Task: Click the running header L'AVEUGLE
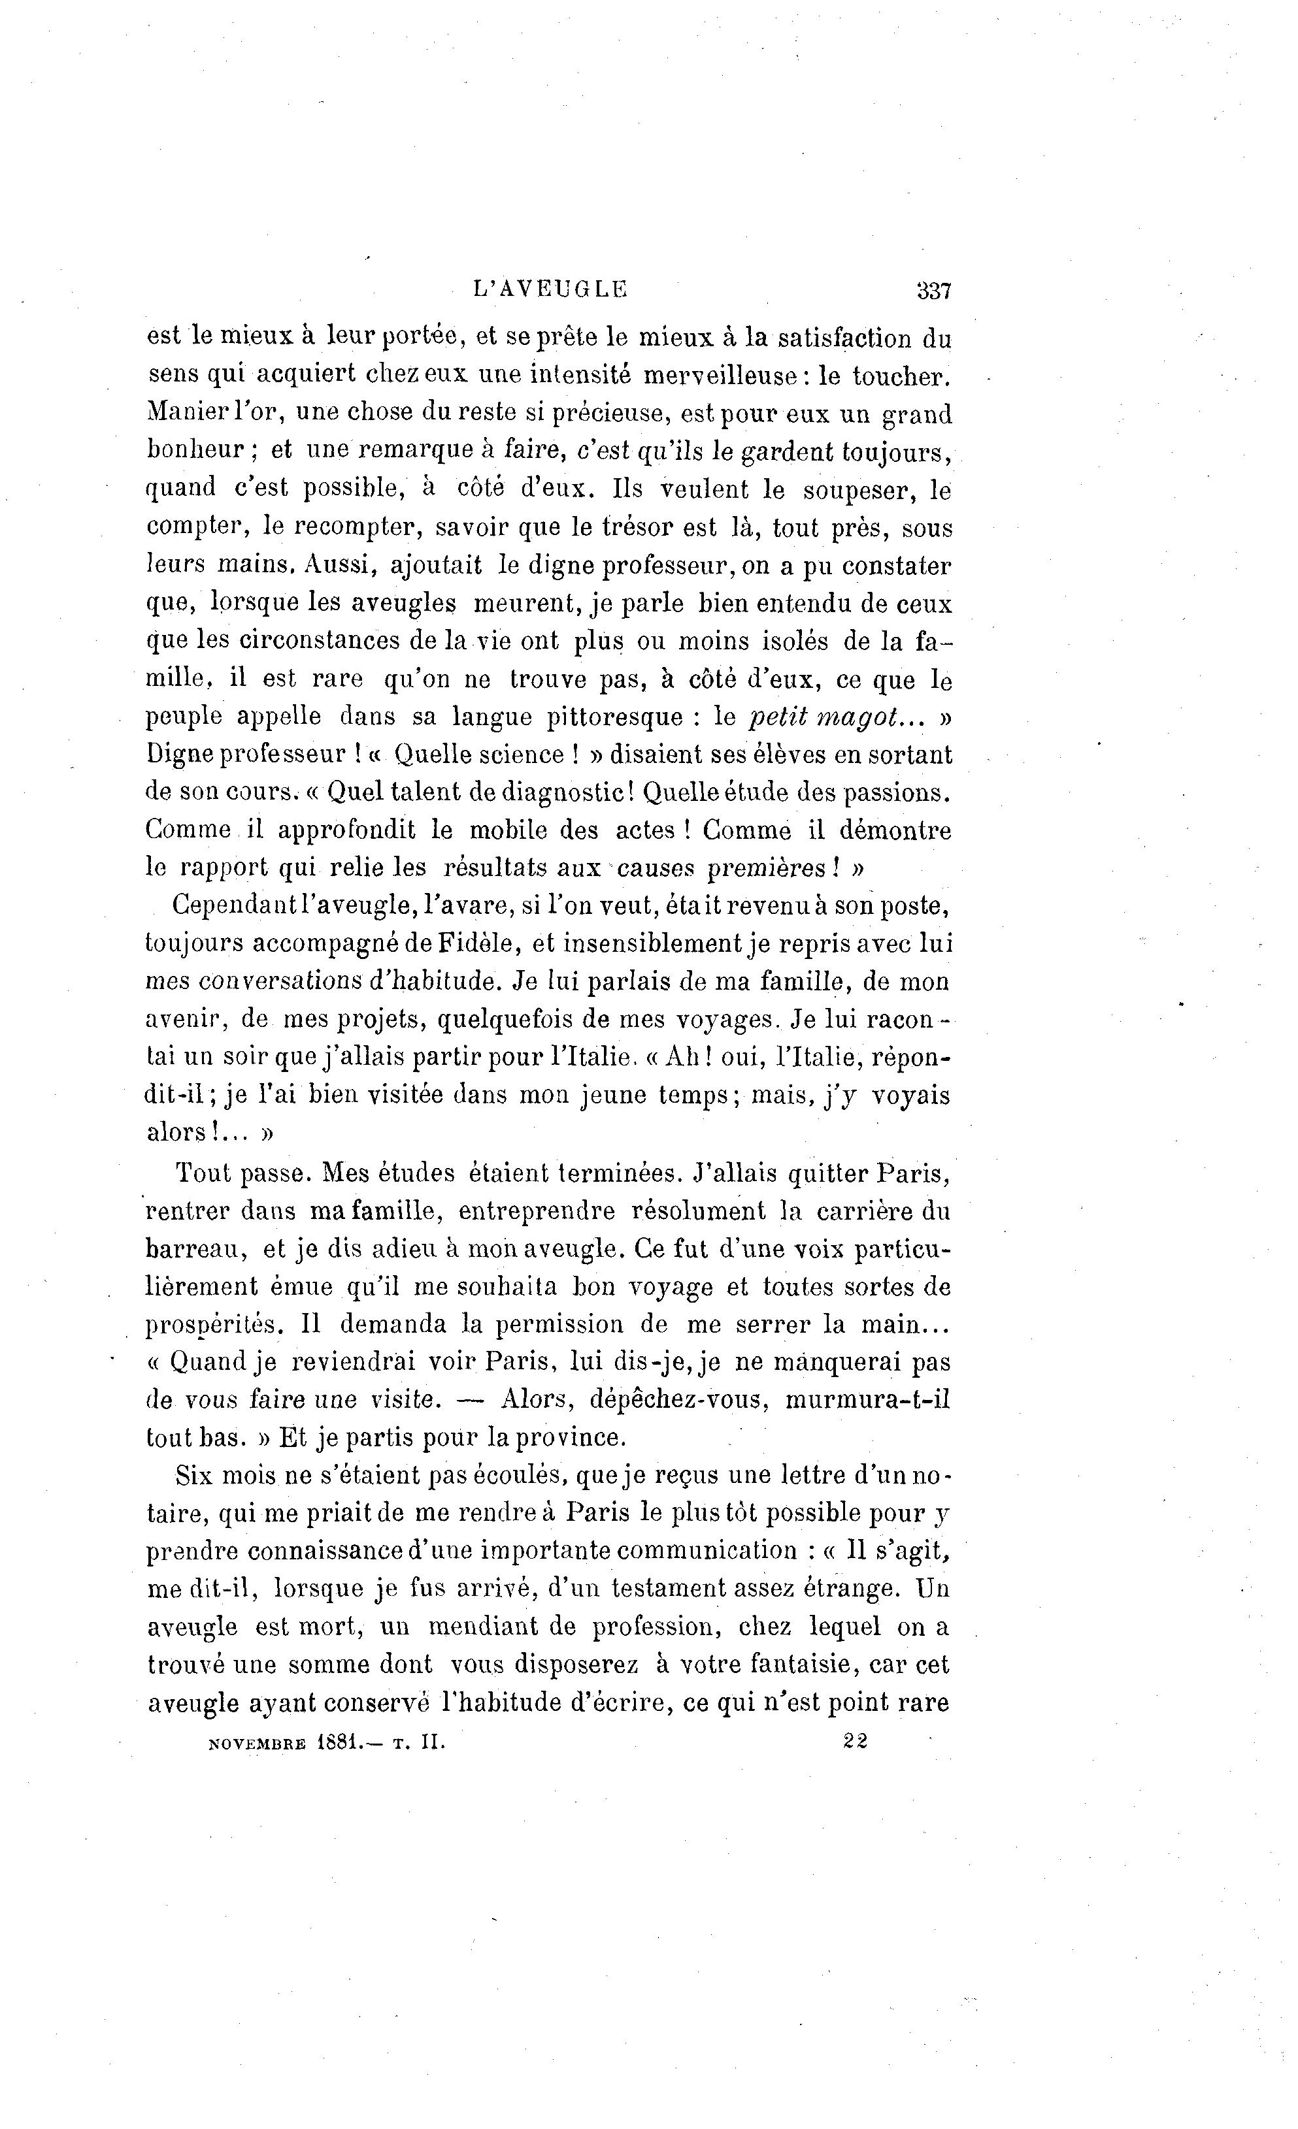point(550,289)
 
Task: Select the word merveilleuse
point(726,377)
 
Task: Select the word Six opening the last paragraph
point(193,1475)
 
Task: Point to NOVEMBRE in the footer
point(257,1743)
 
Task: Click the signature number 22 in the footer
point(855,1741)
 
